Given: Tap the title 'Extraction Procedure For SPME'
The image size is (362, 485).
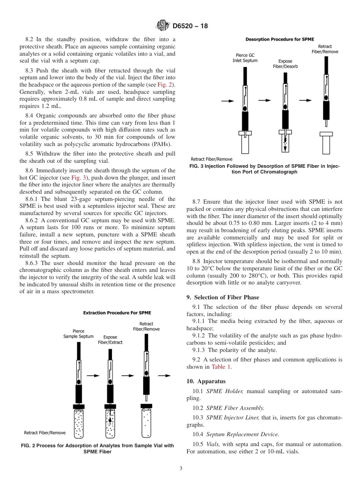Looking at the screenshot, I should tap(117, 313).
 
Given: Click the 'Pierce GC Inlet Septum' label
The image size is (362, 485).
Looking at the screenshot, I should tap(245, 58).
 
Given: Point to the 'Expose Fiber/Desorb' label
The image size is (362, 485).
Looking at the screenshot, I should tap(285, 64).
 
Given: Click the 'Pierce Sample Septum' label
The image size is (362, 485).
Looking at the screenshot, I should tap(78, 334).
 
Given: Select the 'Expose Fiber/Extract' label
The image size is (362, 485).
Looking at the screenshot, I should tap(110, 340).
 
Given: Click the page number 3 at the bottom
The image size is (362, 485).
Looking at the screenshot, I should tap(181, 469).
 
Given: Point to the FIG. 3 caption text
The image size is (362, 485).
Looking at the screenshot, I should tap(264, 169).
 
